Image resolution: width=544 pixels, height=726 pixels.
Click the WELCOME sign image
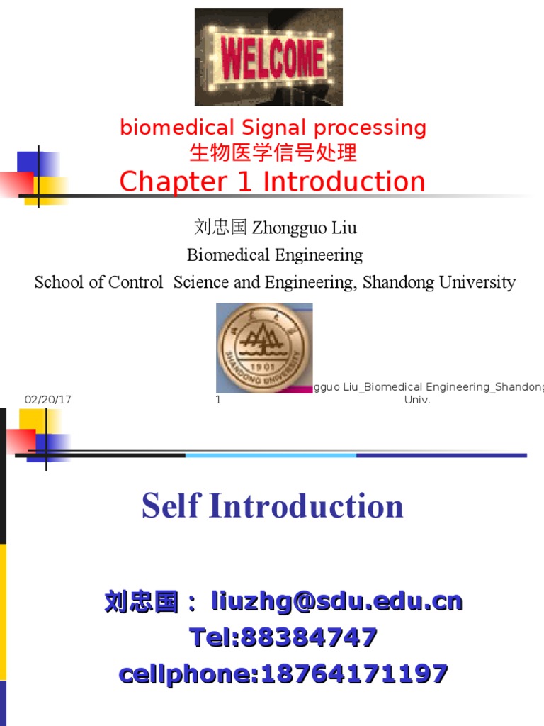point(268,57)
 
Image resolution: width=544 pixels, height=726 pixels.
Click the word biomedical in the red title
point(176,128)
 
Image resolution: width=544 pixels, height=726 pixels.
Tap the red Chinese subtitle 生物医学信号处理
point(273,152)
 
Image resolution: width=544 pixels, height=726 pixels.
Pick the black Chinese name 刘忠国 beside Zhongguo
point(220,228)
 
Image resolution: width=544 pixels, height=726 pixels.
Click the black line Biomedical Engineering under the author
point(275,255)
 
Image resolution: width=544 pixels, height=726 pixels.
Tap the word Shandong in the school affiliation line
point(398,282)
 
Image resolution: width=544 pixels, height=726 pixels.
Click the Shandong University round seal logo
point(263,347)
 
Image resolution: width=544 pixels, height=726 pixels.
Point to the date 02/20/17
point(48,400)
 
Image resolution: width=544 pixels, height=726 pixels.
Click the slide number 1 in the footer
point(219,400)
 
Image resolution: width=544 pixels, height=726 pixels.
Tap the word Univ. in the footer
point(417,400)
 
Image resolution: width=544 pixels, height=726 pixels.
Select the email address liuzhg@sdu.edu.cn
point(336,603)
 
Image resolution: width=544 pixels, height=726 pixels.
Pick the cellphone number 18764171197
point(354,674)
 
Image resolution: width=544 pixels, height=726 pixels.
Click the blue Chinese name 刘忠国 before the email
point(142,603)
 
